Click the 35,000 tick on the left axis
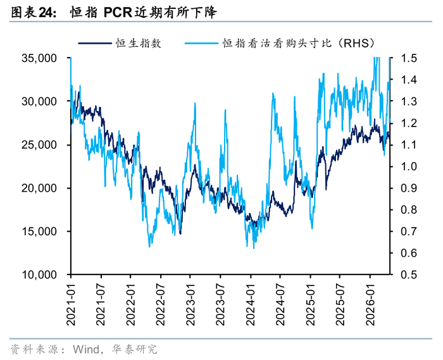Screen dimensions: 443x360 39,58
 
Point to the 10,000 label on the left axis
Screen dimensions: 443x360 39,275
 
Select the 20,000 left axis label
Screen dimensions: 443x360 39,188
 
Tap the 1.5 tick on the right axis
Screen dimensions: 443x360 409,58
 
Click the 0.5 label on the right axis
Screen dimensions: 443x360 409,275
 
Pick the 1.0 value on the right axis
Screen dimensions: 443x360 409,166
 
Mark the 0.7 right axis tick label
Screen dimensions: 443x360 409,231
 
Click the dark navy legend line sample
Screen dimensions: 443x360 95,43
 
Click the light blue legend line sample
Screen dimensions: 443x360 201,43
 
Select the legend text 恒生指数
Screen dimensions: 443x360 139,43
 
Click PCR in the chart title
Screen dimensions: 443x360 118,13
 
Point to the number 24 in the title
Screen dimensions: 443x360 46,13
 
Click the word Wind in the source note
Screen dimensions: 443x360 86,349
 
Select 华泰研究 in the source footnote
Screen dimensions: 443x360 134,349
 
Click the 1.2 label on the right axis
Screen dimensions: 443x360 409,123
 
